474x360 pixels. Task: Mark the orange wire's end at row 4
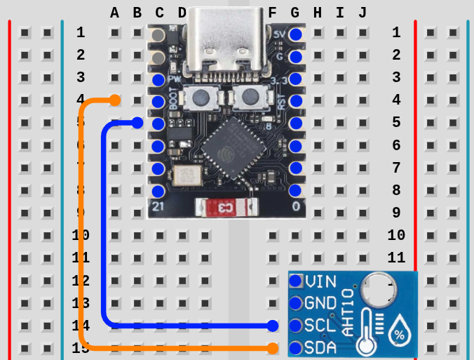pos(115,100)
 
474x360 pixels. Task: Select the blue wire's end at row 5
pos(137,124)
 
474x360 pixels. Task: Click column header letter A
pos(115,13)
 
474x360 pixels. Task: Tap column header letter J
pos(363,13)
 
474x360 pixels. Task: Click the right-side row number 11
pos(396,258)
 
